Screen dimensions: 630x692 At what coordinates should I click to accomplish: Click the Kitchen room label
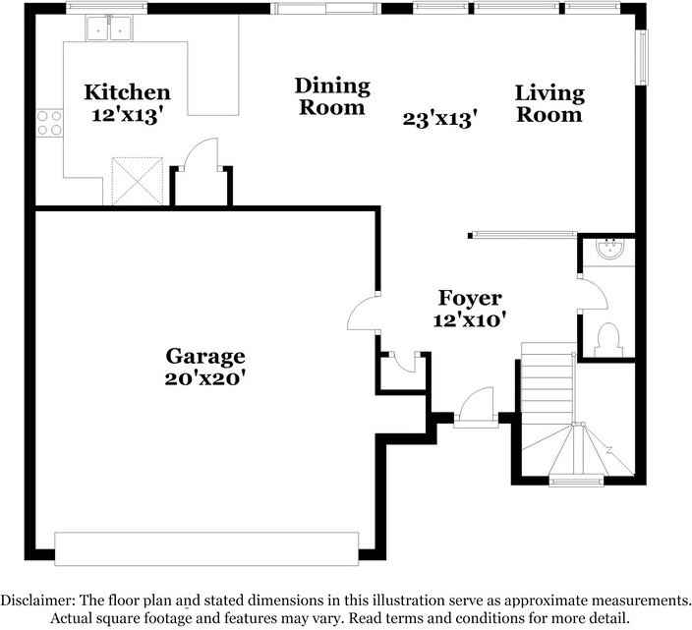tap(127, 92)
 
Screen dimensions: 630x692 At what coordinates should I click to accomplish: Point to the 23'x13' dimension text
tap(440, 119)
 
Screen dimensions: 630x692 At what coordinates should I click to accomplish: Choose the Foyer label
tap(470, 298)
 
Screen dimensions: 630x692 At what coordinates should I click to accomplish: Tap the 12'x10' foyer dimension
tap(470, 319)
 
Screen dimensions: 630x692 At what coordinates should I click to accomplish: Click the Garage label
tap(204, 356)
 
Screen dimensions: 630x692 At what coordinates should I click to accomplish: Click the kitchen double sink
tap(109, 30)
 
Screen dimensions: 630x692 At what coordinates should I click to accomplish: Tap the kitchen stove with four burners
tap(49, 122)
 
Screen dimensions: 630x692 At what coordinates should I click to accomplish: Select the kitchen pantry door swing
tap(202, 155)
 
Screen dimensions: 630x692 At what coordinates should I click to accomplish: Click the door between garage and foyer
tap(363, 314)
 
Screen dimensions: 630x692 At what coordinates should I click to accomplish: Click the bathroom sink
tap(612, 250)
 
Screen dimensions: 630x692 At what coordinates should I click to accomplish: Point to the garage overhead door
tap(206, 548)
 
